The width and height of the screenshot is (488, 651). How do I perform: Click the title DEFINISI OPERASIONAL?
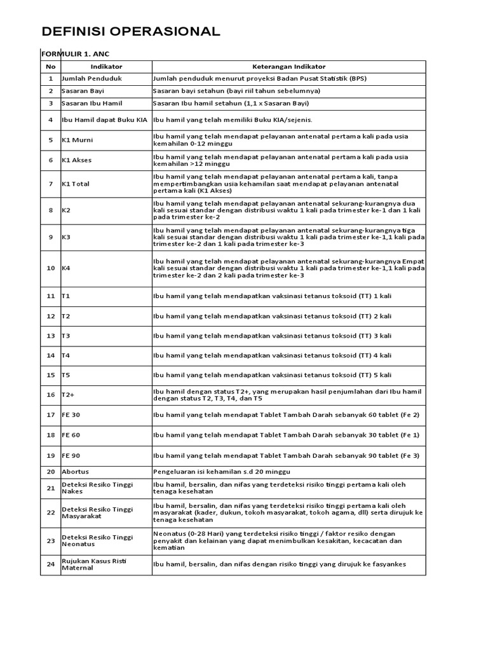tap(131, 32)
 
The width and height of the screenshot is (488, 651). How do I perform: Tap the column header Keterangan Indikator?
tap(288, 66)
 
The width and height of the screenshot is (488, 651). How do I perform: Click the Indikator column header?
tap(106, 66)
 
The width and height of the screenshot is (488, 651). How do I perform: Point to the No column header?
tap(51, 66)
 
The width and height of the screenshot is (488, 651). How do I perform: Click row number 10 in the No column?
tap(51, 268)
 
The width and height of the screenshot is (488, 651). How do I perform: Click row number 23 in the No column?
tap(51, 541)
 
